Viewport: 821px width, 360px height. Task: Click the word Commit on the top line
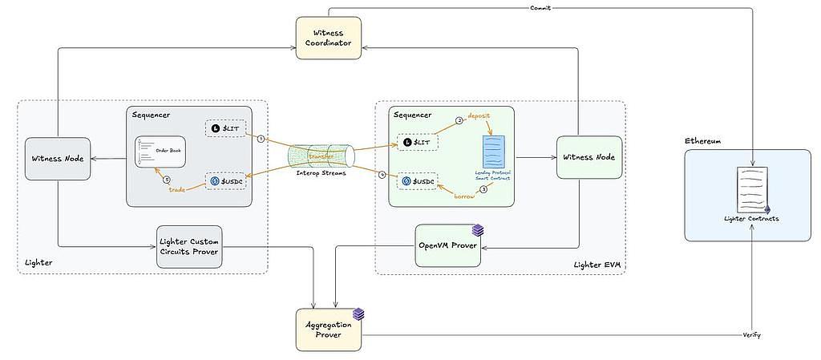(x=540, y=8)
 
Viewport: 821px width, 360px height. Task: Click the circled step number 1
(x=261, y=138)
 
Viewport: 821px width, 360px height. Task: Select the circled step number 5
(x=167, y=179)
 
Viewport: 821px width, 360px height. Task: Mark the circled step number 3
(x=483, y=189)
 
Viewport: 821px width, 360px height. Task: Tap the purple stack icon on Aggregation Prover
(x=358, y=313)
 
